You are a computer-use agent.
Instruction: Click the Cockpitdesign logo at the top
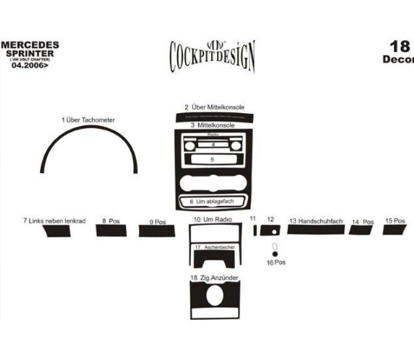pos(212,56)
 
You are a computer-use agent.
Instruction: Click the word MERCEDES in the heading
pos(30,45)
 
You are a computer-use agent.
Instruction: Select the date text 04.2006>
pos(30,65)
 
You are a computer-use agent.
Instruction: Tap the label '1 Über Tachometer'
pos(88,120)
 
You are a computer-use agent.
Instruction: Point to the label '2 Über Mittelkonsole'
pos(214,107)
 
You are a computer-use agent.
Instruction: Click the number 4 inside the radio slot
pos(212,144)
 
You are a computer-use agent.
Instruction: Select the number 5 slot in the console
pos(212,160)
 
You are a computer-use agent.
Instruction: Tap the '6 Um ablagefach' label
pos(212,201)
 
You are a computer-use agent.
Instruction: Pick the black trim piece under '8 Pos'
pos(111,230)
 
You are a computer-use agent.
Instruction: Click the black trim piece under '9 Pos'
pos(157,231)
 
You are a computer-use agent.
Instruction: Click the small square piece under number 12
pos(271,230)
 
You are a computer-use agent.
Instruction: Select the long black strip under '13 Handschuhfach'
pos(316,230)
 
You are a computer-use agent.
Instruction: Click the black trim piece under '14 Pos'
pos(360,230)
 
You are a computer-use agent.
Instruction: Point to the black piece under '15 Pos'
pos(394,229)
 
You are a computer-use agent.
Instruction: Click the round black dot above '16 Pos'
pos(275,254)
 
